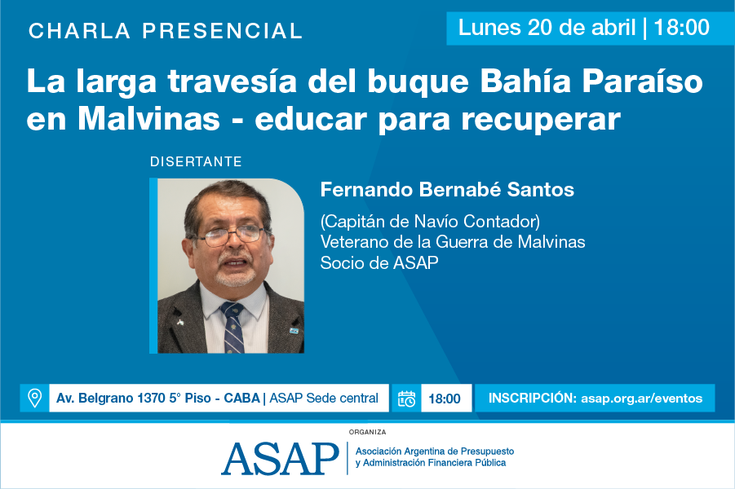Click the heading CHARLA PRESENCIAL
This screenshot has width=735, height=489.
coord(166,32)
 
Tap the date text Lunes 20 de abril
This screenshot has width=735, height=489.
coord(547,28)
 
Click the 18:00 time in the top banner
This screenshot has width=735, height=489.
coord(681,28)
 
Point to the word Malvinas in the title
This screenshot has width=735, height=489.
coord(150,120)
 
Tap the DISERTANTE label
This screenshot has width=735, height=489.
coord(196,161)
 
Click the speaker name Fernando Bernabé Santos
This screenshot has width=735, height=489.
coord(447,190)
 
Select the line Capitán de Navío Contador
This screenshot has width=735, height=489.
coord(431,221)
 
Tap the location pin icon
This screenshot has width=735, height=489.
coord(34,398)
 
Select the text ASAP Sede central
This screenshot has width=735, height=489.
coord(324,399)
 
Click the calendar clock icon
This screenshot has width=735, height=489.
coord(406,399)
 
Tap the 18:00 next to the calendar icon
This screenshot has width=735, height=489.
coord(445,399)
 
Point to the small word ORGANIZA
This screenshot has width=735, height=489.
coord(367,432)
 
